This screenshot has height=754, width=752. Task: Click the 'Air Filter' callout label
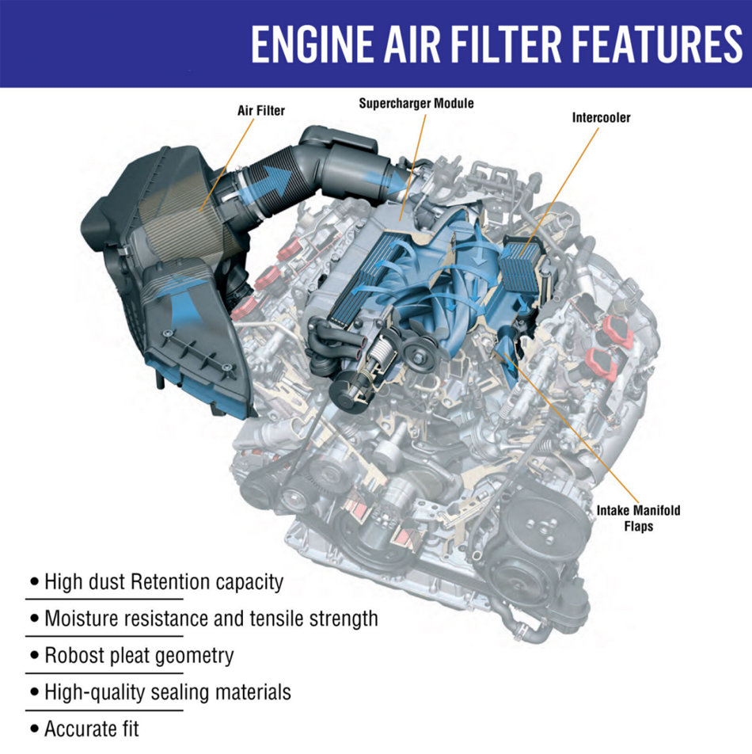click(261, 111)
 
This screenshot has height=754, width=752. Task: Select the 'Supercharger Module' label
click(416, 104)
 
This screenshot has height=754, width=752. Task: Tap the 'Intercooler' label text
click(601, 117)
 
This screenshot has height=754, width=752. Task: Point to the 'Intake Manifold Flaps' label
click(638, 518)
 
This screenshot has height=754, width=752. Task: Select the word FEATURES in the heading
click(658, 44)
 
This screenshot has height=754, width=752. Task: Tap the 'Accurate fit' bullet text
click(91, 729)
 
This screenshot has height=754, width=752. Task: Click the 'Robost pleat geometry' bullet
click(139, 656)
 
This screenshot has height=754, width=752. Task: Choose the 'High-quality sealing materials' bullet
click(168, 692)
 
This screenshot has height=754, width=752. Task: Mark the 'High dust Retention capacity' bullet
click(164, 582)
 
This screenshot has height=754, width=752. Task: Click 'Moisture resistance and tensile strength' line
click(211, 619)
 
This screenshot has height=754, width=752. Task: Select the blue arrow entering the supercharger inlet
click(385, 182)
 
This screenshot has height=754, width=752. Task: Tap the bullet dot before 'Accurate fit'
click(34, 729)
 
